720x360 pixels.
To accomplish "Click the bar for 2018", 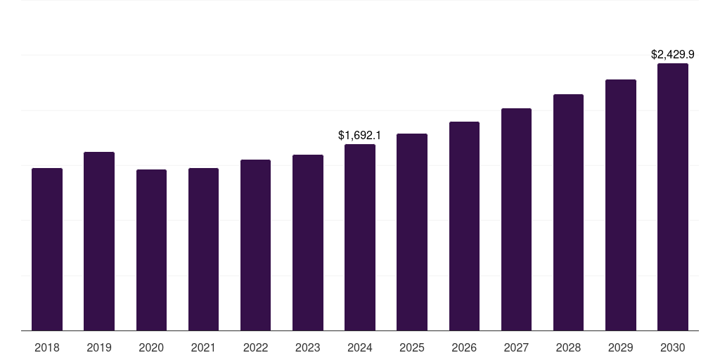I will (x=47, y=250).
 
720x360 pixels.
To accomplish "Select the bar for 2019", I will (x=99, y=241).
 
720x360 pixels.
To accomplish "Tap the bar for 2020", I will (x=151, y=250).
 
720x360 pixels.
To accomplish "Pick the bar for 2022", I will (x=255, y=245).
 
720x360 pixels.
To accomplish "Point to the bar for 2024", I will (x=360, y=238).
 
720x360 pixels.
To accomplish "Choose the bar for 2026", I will (x=464, y=226).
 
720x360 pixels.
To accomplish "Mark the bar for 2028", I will (x=568, y=212).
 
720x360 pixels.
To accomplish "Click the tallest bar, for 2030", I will (x=673, y=197).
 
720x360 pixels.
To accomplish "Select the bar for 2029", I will (x=621, y=205).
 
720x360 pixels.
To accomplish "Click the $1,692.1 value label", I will (x=360, y=135).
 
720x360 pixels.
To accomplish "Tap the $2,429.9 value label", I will (x=673, y=54).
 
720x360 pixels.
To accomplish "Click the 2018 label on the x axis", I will (x=47, y=347).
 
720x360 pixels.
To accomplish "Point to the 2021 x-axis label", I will (x=203, y=347).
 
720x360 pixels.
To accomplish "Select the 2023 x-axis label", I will (x=308, y=347).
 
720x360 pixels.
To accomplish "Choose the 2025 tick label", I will (x=412, y=347).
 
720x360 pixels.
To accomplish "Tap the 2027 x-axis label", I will (x=516, y=347).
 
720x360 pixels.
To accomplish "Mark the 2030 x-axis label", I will (x=673, y=347).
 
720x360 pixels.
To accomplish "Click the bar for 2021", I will (x=203, y=250).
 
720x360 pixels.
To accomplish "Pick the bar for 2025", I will (x=412, y=232).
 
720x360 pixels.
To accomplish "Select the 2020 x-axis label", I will (x=151, y=347).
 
